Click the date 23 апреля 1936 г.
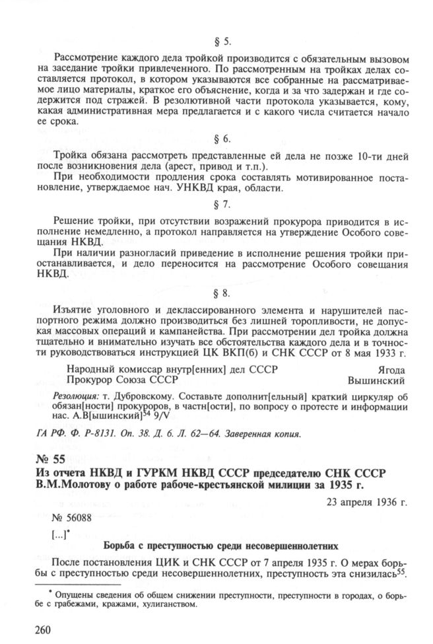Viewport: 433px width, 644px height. tap(367, 501)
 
